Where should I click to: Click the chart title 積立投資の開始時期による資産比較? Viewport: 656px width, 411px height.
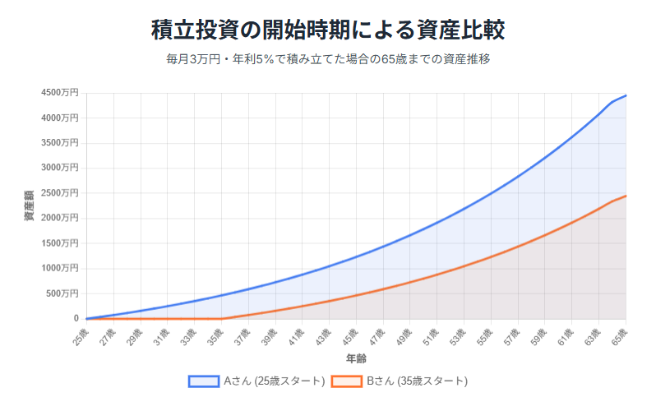pos(327,30)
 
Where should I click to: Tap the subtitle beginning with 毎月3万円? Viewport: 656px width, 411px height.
pos(327,59)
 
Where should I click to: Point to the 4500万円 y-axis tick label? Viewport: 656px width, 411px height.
pos(59,93)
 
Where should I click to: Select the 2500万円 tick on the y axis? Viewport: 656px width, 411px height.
pos(59,193)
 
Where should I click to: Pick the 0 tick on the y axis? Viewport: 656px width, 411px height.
pos(76,319)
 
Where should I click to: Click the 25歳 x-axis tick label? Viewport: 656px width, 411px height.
pos(79,335)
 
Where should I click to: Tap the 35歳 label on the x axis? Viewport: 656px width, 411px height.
pos(214,335)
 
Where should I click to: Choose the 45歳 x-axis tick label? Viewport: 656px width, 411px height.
pos(349,335)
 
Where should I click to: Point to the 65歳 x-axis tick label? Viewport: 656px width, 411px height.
pos(618,335)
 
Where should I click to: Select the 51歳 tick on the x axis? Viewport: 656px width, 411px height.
pos(429,335)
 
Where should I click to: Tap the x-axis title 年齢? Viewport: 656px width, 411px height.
pos(356,359)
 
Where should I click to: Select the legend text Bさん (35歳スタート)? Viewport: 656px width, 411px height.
pos(417,381)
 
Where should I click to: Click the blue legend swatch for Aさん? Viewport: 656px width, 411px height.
pos(203,381)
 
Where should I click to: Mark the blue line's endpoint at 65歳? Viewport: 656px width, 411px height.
pos(626,95)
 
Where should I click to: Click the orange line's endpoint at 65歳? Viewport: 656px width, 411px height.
pos(626,196)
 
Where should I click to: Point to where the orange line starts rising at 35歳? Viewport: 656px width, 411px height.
pos(221,318)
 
